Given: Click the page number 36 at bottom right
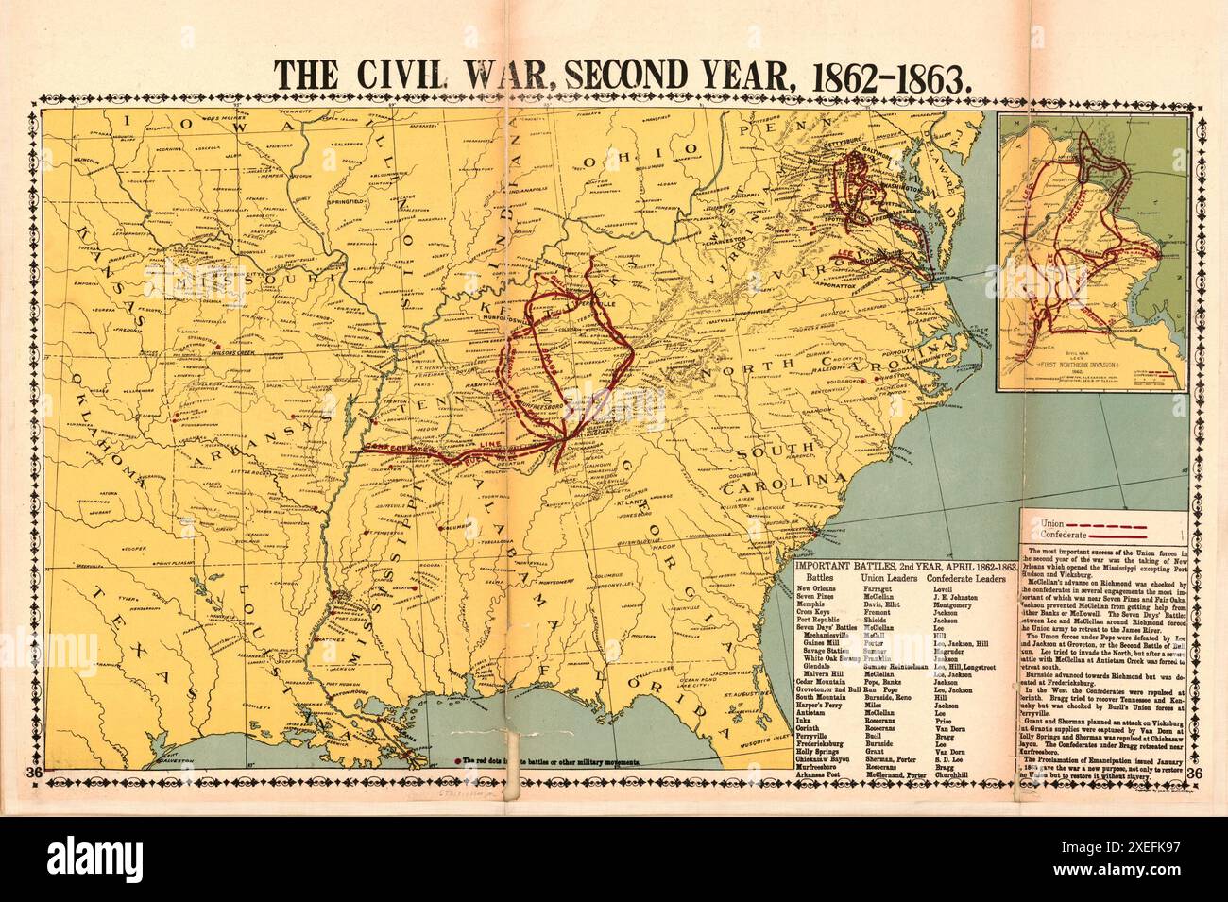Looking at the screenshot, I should coord(1195,774).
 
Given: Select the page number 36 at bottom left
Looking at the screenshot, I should coord(35,774).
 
